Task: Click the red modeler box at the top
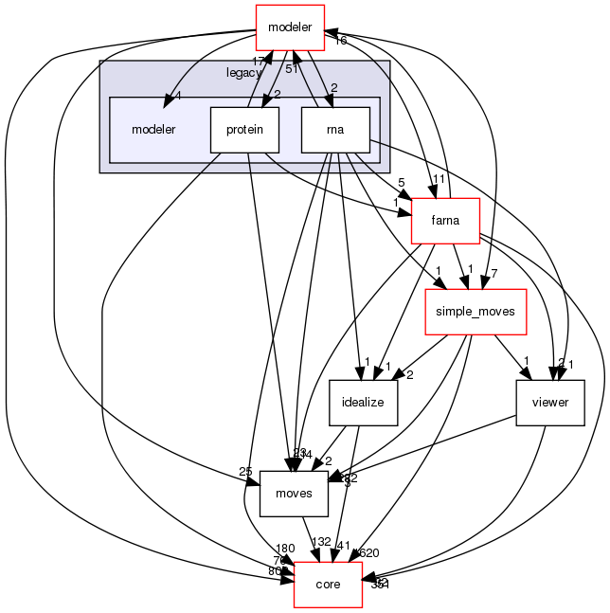coord(291,25)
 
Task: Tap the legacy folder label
coord(244,73)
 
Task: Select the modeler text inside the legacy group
coord(153,129)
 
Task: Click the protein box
coord(244,129)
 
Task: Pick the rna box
coord(334,129)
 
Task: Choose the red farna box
coord(445,220)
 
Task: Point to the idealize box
coord(364,402)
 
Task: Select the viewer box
coord(549,402)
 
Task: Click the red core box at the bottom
coord(329,584)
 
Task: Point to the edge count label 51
coord(293,68)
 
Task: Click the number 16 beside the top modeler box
coord(340,41)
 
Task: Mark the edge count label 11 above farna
coord(440,178)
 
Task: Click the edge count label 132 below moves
coord(322,541)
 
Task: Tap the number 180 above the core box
coord(285,549)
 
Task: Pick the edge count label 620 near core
coord(368,552)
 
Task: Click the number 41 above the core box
coord(344,547)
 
